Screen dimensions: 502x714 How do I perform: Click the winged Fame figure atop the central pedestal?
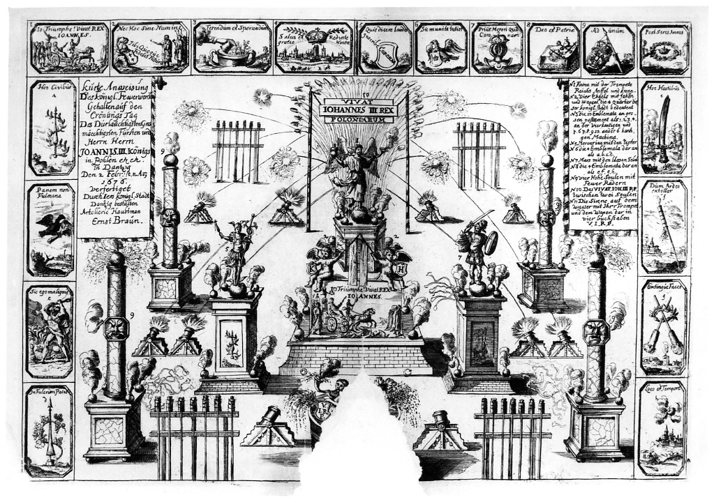click(x=355, y=171)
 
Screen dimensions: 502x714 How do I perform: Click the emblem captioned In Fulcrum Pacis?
click(x=49, y=429)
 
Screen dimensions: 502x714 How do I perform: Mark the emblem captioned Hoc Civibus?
click(x=51, y=129)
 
